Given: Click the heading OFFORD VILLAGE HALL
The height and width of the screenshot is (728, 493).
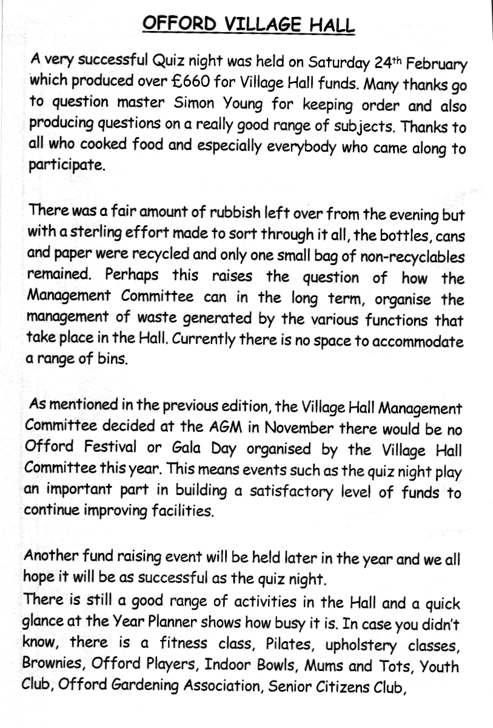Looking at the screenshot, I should (x=247, y=25).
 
